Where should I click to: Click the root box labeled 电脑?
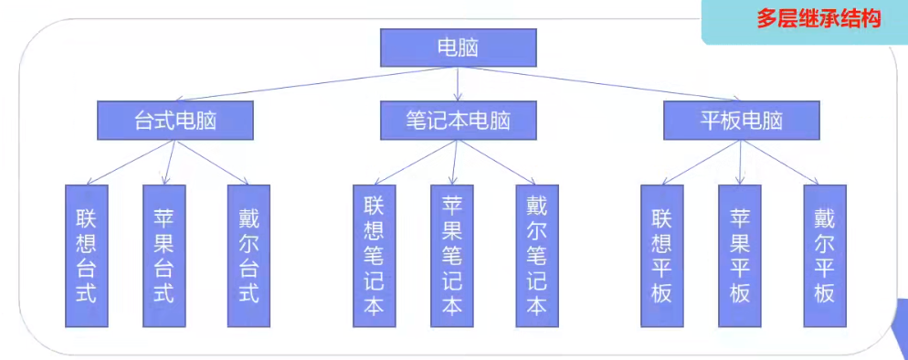[458, 48]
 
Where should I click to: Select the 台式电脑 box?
[174, 120]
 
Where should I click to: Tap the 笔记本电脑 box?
[458, 120]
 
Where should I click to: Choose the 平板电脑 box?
[742, 120]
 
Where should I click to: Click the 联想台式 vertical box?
[87, 256]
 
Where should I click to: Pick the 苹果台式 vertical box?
[164, 256]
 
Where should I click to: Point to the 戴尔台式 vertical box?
[248, 256]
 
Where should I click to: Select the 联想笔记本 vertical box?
[374, 256]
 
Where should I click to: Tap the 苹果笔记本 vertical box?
[452, 256]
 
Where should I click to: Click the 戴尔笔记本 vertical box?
[536, 256]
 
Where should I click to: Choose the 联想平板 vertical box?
[661, 256]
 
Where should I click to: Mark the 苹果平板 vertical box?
[740, 256]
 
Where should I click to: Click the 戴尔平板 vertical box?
[825, 256]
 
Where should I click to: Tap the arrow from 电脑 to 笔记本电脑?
[458, 83]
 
